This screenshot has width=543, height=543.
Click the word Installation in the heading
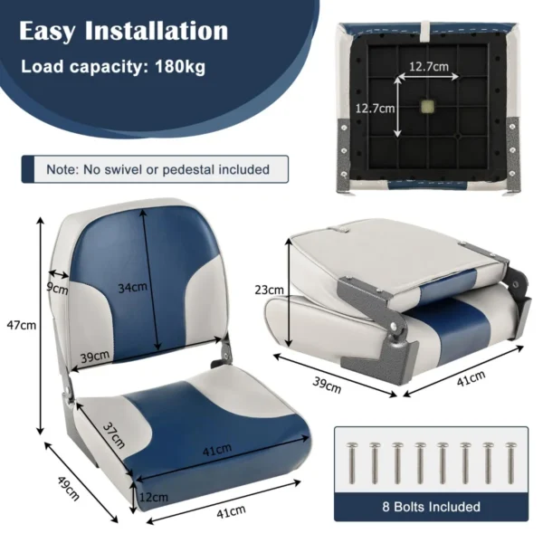coord(158,30)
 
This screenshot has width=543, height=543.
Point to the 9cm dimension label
coord(57,290)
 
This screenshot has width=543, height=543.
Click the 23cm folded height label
coord(270,291)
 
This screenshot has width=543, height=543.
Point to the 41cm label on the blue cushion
coord(216,449)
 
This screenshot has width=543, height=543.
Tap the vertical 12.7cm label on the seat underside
coord(375,109)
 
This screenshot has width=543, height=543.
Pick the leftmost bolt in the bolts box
coord(352,462)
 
